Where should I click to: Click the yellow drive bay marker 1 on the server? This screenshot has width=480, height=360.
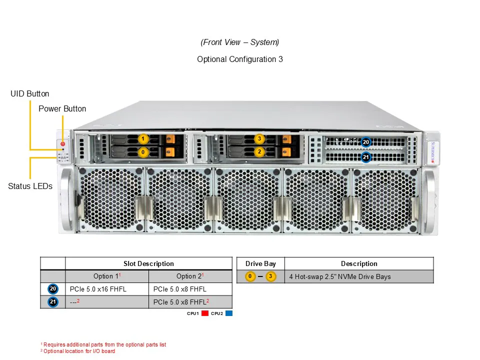tap(143, 138)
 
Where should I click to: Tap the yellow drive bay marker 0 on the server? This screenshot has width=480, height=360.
tap(143, 151)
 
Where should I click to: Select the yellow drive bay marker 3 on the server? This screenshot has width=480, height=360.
tap(259, 138)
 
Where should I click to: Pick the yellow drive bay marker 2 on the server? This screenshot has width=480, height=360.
tap(259, 151)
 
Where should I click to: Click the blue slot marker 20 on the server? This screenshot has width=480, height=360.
tap(366, 142)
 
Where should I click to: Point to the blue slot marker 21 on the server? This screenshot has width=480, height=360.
tap(366, 157)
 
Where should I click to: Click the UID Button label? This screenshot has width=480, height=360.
tap(30, 94)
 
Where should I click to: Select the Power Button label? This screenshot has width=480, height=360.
tap(62, 108)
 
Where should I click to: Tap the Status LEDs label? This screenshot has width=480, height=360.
tap(30, 186)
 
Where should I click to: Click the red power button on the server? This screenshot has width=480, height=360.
tap(62, 144)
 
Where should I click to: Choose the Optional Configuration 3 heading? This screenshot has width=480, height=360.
tap(240, 59)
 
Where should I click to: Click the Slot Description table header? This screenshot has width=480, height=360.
tap(148, 263)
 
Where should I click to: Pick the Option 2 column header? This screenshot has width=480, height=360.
tap(190, 276)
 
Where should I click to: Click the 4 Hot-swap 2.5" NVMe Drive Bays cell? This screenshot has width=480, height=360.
tap(340, 276)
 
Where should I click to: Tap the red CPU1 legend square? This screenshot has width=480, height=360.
tap(204, 313)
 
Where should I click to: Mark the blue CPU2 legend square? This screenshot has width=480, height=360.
tap(229, 313)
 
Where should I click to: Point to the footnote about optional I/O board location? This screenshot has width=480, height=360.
tap(78, 351)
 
